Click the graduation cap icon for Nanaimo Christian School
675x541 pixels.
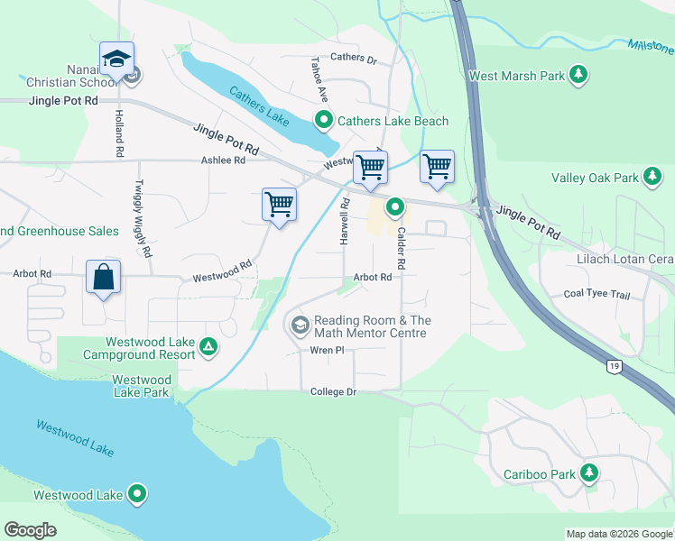[116, 59]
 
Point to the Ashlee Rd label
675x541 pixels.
[223, 160]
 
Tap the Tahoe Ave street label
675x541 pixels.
[317, 79]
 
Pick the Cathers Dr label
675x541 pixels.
[353, 59]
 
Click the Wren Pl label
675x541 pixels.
[328, 350]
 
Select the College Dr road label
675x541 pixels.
[334, 392]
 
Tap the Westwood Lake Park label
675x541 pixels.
[142, 386]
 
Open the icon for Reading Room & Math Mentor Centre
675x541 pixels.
[299, 324]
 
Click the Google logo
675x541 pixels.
[31, 530]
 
